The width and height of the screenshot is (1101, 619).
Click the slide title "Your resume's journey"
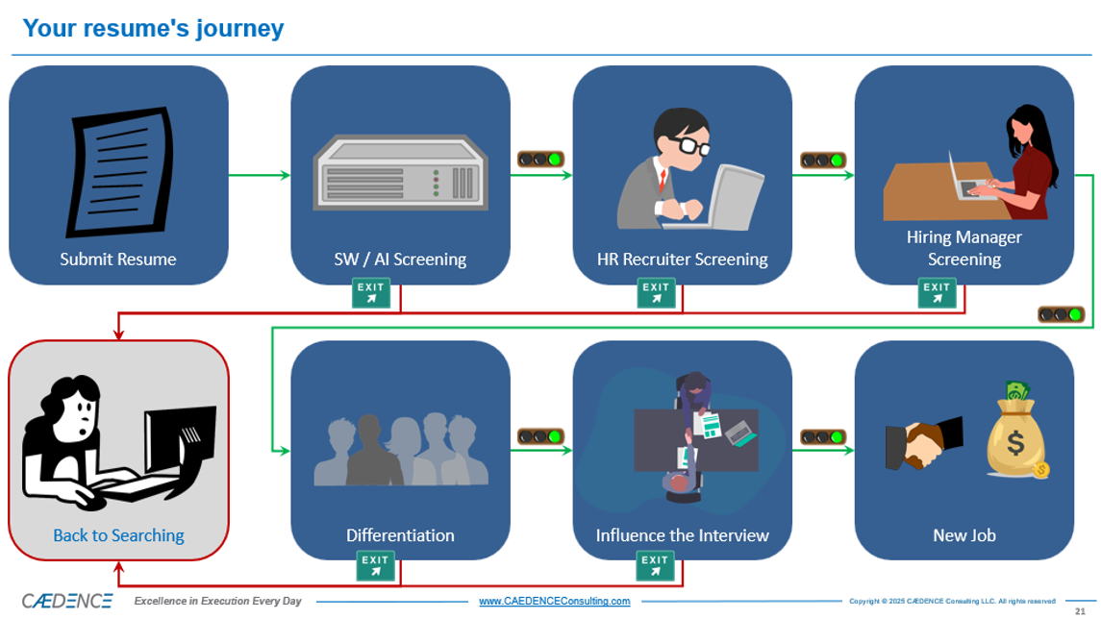[153, 28]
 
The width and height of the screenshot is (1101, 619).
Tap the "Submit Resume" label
[118, 259]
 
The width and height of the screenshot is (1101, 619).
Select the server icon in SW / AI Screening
[400, 173]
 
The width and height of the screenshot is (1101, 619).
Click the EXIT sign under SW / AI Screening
[372, 293]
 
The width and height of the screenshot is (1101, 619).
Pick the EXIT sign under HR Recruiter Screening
[656, 293]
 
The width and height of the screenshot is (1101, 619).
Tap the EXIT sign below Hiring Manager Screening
[937, 293]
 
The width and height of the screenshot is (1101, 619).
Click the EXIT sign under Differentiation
[375, 566]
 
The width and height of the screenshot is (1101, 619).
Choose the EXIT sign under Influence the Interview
[655, 566]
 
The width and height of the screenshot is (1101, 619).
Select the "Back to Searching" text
[118, 535]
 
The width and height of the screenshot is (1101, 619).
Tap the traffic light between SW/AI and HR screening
[540, 160]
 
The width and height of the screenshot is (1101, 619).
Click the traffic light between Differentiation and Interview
[540, 436]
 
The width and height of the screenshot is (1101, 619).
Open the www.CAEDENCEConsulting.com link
[554, 602]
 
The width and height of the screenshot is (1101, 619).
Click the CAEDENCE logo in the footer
[67, 601]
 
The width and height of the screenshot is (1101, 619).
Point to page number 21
[1080, 611]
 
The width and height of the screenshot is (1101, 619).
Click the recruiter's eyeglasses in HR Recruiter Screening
[688, 146]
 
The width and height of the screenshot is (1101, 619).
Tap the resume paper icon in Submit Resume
[119, 173]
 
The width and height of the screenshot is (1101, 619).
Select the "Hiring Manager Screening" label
[963, 248]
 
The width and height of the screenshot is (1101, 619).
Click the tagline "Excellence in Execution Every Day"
[217, 602]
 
